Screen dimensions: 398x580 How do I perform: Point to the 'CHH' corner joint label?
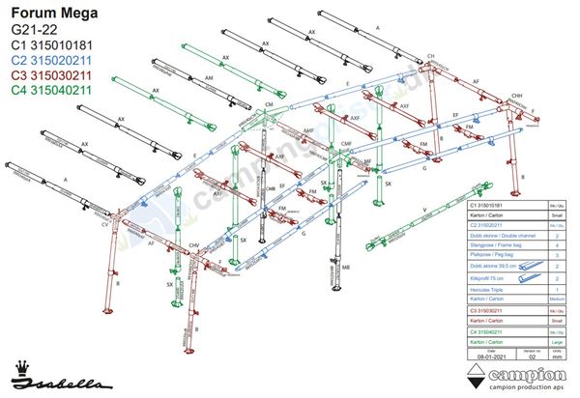(517, 96)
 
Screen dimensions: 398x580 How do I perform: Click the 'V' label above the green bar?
(425, 209)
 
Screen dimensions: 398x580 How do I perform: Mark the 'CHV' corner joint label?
(192, 246)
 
